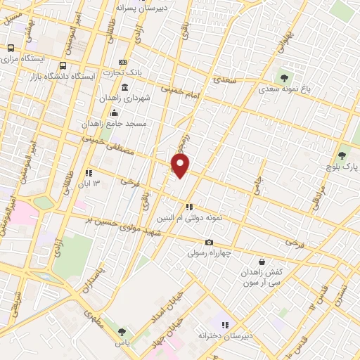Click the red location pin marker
181,166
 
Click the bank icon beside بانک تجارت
123,62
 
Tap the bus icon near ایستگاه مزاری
10,48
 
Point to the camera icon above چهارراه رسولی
208,242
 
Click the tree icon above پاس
122,332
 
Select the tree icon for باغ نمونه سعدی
284,77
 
